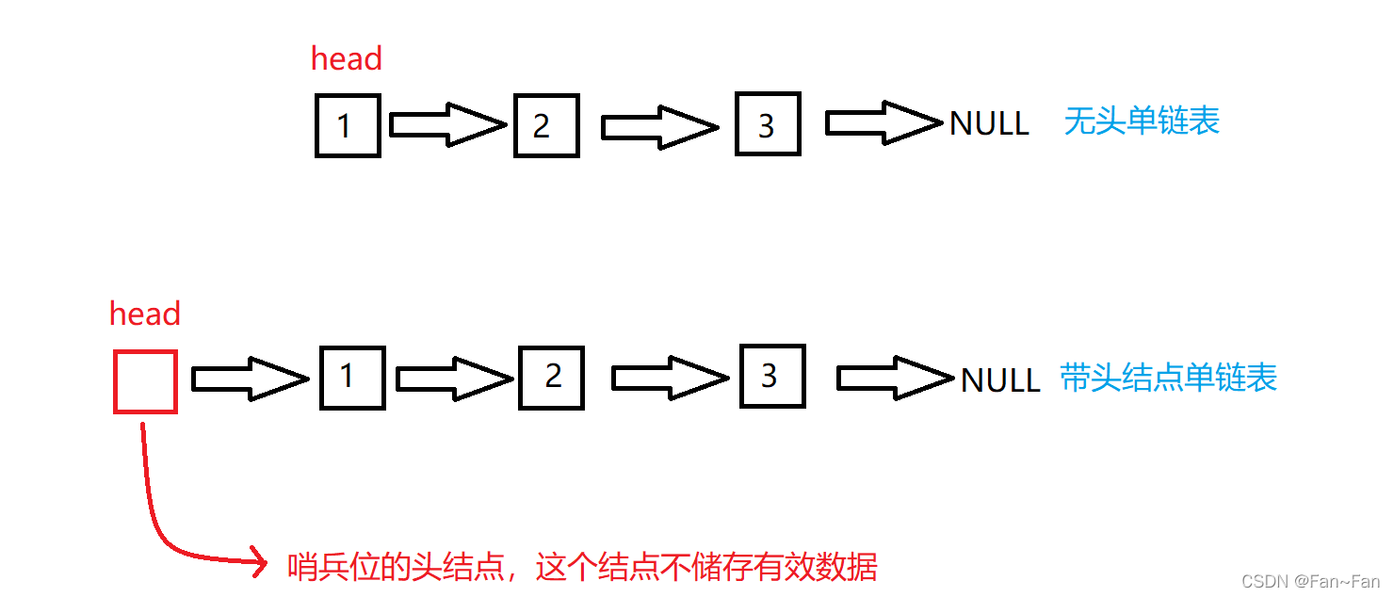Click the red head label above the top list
click(346, 59)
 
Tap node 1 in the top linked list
click(348, 125)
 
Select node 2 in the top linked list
click(545, 125)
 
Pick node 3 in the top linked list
click(768, 123)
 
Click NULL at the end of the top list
click(989, 123)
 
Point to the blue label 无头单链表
click(1142, 121)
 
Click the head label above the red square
click(145, 314)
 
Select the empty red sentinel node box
click(145, 381)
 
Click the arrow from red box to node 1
click(250, 379)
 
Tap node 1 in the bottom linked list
click(352, 378)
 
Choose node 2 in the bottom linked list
click(551, 378)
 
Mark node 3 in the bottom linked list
click(772, 377)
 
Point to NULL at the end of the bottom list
click(1000, 380)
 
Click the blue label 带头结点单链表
click(1168, 378)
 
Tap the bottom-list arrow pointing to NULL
click(895, 378)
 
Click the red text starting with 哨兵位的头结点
click(582, 567)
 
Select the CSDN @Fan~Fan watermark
click(1310, 582)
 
